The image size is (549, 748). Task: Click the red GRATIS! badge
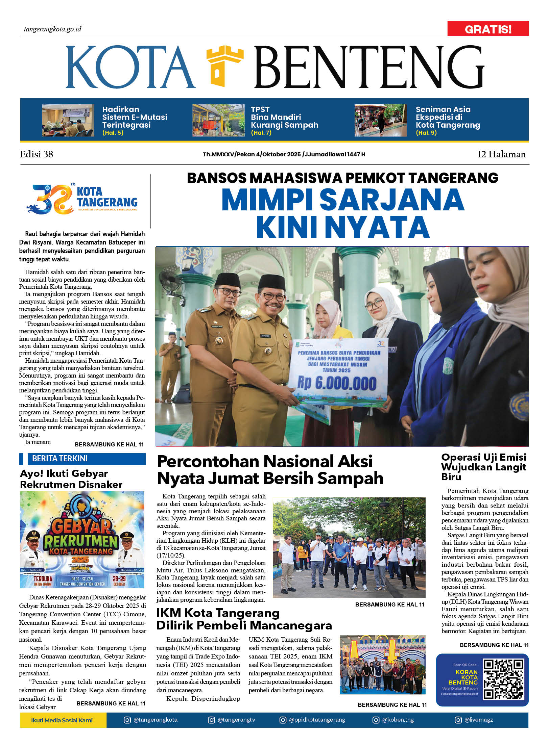[x=487, y=29]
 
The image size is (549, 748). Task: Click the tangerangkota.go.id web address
[x=52, y=29]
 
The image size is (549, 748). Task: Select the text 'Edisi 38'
[x=37, y=154]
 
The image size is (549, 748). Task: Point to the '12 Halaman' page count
[x=501, y=154]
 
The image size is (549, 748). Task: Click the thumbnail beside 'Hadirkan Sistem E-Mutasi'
[x=68, y=120]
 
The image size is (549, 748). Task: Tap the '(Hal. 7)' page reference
[x=261, y=133]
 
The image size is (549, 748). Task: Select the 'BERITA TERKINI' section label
[x=59, y=458]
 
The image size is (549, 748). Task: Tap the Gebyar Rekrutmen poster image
[x=82, y=539]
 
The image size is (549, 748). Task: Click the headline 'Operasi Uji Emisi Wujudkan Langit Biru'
[x=483, y=467]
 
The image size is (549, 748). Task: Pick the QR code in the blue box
[x=503, y=679]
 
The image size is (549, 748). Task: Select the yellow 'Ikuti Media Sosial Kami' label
[x=62, y=720]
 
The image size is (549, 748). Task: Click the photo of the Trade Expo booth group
[x=382, y=665]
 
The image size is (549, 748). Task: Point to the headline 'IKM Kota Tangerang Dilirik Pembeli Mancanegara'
[x=244, y=619]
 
